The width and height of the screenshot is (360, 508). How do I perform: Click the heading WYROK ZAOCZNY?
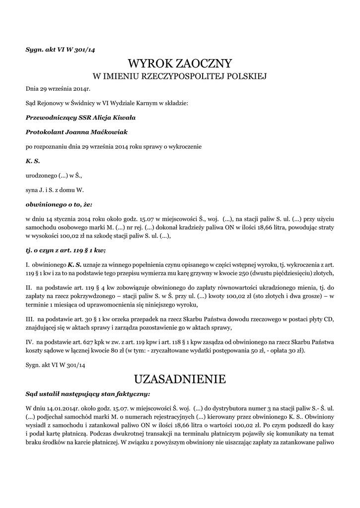180,63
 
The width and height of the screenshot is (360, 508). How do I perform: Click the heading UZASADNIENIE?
180,380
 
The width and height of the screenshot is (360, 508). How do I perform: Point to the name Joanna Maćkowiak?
96,132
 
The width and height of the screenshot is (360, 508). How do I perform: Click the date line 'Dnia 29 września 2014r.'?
58,89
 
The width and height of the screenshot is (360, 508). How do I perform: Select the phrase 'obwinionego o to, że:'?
59,204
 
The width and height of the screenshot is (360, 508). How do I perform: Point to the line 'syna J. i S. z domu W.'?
55,190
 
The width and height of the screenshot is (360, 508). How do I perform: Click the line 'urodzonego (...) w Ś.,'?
54,175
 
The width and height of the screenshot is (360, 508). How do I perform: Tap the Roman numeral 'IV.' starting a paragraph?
29,342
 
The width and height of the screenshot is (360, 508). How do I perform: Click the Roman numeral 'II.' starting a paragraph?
29,288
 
